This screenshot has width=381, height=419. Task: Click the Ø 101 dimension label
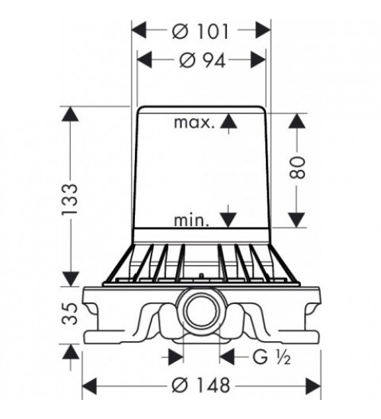(x=200, y=31)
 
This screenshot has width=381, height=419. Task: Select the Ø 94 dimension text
(x=203, y=60)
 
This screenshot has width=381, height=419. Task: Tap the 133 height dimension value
(x=69, y=199)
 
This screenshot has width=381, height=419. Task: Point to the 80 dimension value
(x=297, y=168)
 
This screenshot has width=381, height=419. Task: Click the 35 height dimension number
(x=69, y=313)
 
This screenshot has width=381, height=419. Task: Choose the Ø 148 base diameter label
(x=201, y=385)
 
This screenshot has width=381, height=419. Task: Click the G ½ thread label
(x=271, y=357)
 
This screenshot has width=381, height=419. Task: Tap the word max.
(x=194, y=123)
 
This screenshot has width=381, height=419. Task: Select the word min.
(x=191, y=220)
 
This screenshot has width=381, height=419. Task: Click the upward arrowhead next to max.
(x=229, y=121)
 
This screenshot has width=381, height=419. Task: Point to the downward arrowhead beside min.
(x=228, y=220)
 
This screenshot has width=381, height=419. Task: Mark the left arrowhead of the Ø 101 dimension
(x=139, y=30)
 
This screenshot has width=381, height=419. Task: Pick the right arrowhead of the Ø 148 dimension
(x=313, y=386)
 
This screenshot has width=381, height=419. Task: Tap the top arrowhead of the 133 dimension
(x=70, y=114)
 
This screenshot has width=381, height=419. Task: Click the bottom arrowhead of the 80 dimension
(x=297, y=220)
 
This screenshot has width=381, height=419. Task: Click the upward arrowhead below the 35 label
(x=71, y=352)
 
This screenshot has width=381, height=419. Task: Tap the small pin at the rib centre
(x=201, y=276)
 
